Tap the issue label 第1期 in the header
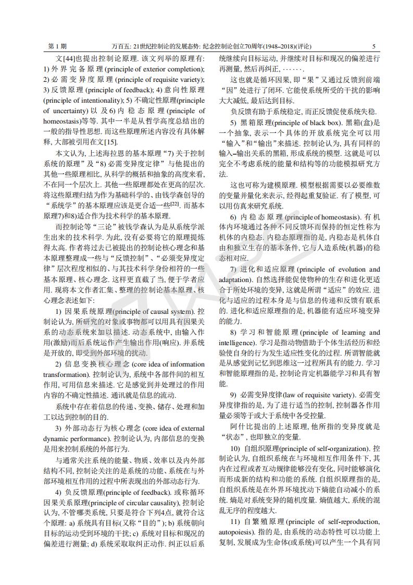[x=57, y=46]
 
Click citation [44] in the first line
[x=70, y=59]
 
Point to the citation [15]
[x=110, y=142]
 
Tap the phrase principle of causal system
[x=148, y=312]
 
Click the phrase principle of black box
[x=299, y=123]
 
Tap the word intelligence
[x=235, y=343]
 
